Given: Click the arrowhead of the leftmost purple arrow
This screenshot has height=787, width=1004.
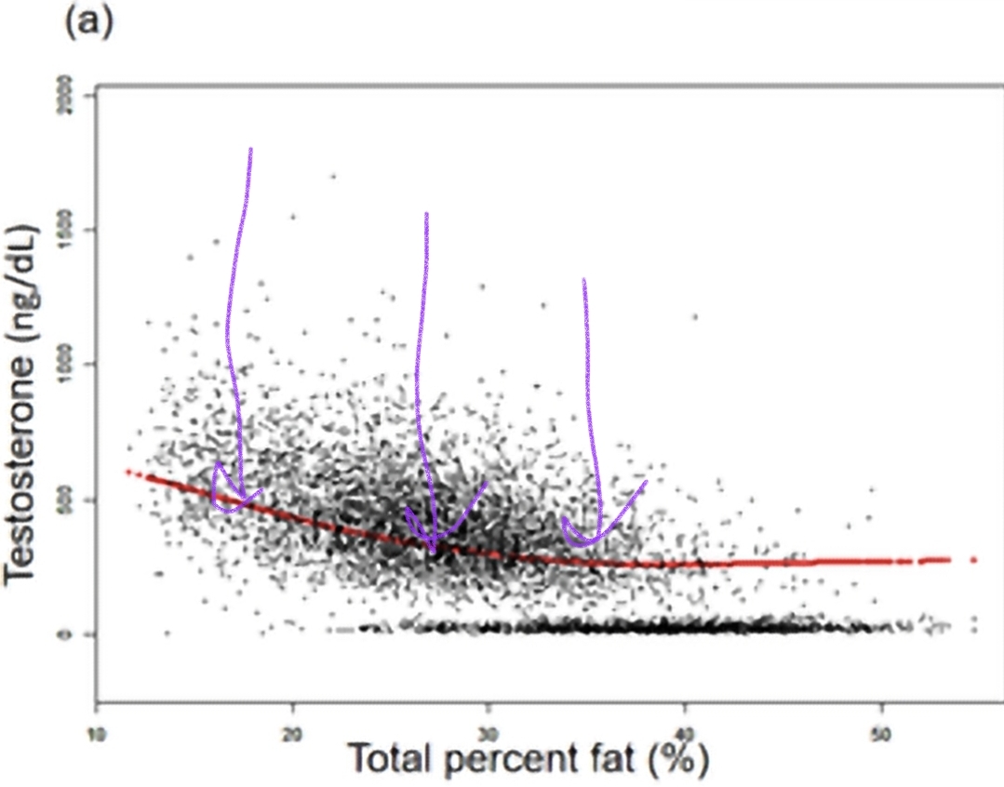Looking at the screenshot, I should click(240, 500).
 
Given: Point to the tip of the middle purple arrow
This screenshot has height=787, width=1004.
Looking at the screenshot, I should click(433, 549).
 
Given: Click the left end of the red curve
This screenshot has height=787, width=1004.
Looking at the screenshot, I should click(127, 472).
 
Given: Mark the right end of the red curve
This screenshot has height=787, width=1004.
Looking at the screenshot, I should click(973, 559).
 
